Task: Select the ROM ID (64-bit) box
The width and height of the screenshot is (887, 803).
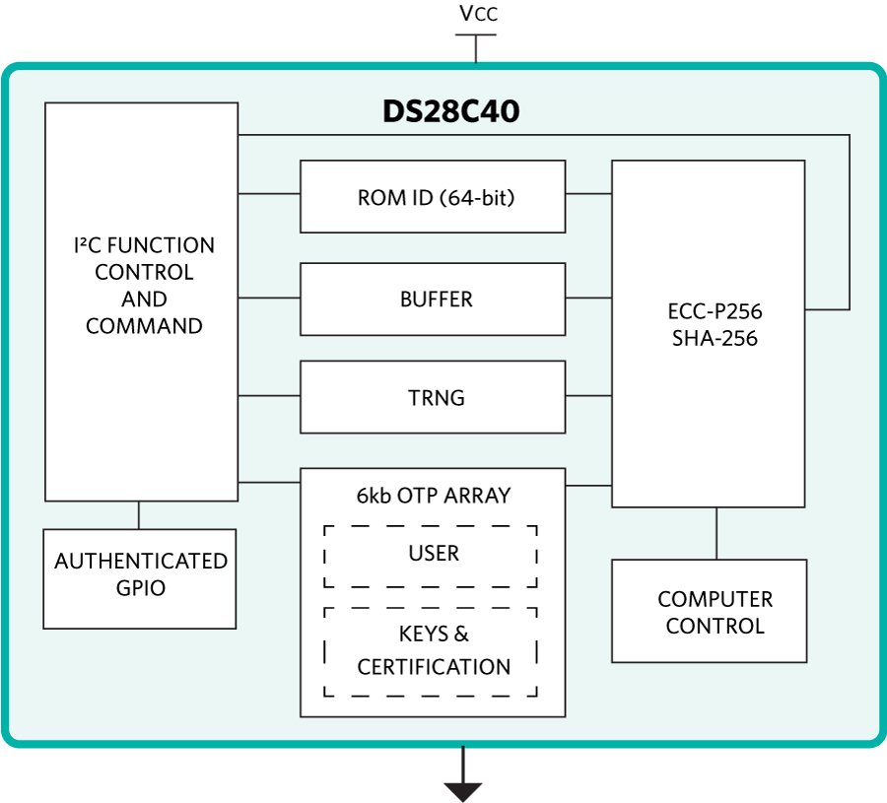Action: pos(433,197)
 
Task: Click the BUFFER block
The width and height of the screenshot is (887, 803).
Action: pos(433,299)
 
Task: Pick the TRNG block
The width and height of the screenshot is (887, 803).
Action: pos(433,398)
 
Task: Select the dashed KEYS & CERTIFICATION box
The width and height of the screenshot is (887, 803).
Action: pos(431,651)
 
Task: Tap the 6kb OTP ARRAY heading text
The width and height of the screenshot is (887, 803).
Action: pos(434,496)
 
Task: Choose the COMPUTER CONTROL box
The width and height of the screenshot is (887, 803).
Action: pos(710,611)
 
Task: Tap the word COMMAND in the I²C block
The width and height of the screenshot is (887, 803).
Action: pos(144,326)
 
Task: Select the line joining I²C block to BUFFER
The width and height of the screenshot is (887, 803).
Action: pos(268,298)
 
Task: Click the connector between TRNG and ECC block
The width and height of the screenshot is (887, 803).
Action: pos(588,396)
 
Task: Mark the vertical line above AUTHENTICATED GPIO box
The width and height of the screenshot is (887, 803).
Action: pos(139,514)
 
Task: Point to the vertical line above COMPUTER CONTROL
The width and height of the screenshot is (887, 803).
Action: pos(716,533)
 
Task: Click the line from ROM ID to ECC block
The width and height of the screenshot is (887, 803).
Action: pos(588,193)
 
